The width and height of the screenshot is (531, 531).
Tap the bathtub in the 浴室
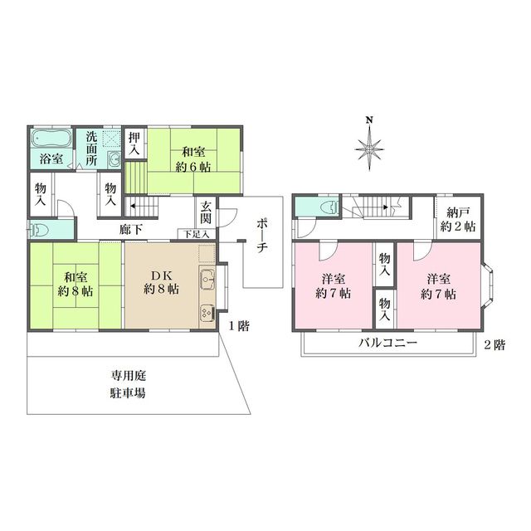point(53,139)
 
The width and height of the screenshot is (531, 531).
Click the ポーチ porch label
point(261,238)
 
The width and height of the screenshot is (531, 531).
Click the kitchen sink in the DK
point(206,280)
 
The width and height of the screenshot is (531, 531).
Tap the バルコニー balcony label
point(387,343)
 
